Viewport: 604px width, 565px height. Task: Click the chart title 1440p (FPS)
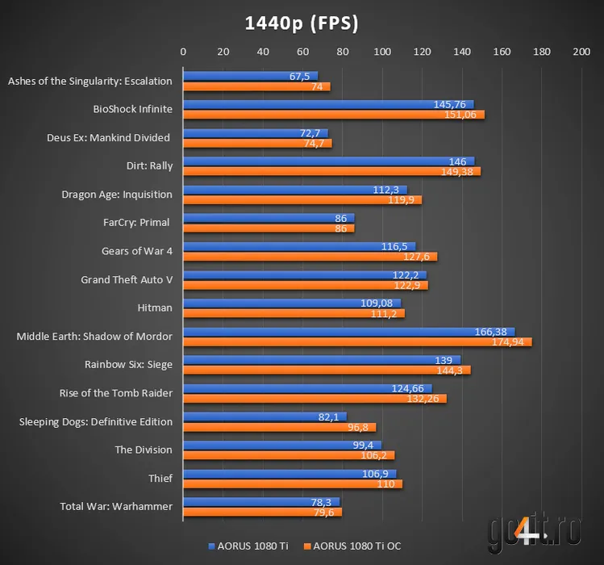click(302, 23)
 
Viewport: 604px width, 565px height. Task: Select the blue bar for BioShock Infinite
click(327, 104)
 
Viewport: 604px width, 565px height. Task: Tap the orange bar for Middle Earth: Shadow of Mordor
click(356, 342)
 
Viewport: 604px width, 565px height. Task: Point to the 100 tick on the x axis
click(382, 52)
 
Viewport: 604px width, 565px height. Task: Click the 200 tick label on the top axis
click(581, 52)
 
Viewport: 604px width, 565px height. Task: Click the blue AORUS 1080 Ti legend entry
click(248, 546)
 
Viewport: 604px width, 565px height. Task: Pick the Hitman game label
click(155, 308)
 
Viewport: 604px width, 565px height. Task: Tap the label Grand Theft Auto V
click(127, 279)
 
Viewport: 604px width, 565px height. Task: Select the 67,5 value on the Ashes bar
click(300, 77)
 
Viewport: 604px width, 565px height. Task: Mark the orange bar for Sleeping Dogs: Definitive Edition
click(279, 428)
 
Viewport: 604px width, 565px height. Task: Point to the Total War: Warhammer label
click(116, 506)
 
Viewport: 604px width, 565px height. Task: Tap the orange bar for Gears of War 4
click(310, 257)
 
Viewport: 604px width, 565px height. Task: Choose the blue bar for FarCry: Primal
click(268, 218)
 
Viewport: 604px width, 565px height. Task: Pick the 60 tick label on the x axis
click(302, 52)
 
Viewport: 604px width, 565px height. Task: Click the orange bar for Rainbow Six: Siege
click(326, 370)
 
